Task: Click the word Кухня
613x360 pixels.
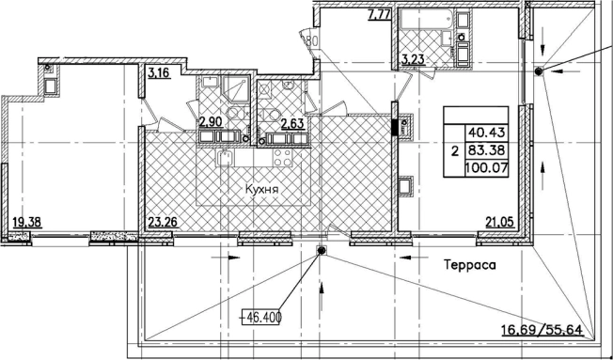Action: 261,190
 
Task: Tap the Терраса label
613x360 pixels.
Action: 470,265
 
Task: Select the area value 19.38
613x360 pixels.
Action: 27,223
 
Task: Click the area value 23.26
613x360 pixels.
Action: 163,223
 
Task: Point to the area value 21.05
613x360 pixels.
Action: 500,223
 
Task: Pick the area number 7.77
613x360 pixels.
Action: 379,15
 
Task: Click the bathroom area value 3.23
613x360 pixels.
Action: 413,60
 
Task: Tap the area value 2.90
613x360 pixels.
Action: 212,122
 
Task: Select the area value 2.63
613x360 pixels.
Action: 292,123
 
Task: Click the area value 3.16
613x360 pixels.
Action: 160,73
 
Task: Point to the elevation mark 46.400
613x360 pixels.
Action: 261,317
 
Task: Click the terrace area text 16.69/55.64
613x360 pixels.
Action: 542,330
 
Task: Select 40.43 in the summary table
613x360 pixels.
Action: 487,133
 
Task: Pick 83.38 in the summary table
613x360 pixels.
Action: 487,150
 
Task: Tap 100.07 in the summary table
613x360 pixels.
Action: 487,168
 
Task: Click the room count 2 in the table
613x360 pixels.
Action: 454,151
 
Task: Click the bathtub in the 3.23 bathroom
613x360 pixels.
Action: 427,20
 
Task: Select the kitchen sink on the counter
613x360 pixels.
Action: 224,158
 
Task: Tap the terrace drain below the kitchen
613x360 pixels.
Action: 322,251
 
